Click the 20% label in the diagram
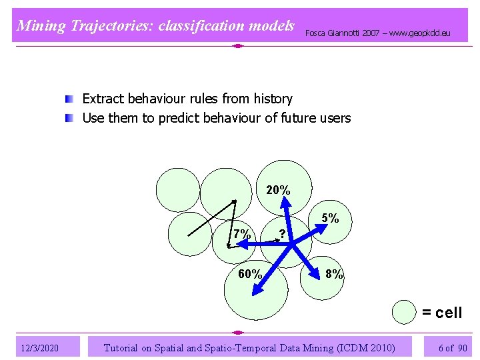[x=278, y=191]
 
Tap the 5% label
[x=330, y=218]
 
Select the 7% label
[x=242, y=234]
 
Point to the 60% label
[x=250, y=274]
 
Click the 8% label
[x=334, y=274]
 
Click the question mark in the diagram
[x=283, y=234]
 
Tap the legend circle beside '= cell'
[x=403, y=313]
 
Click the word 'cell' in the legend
[x=448, y=313]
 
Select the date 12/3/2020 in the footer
[x=40, y=348]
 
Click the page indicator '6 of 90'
[x=453, y=348]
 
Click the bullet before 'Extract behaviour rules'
[x=69, y=99]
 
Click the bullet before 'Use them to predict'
[x=69, y=119]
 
